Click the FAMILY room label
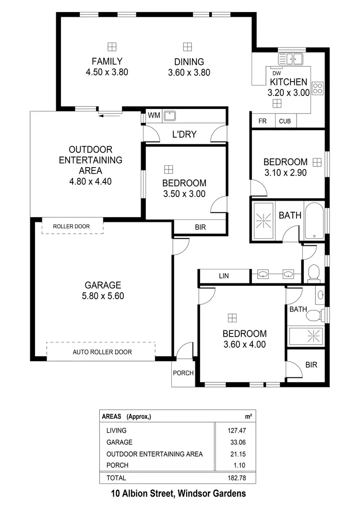point(107,61)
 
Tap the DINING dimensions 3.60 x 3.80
point(189,73)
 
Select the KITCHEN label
point(288,82)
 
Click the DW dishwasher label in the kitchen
point(276,73)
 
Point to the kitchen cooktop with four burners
point(318,88)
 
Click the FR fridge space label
point(263,121)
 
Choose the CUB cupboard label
point(285,121)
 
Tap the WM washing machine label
point(154,115)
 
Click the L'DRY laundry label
point(184,134)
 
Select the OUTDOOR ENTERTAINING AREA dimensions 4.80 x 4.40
point(90,182)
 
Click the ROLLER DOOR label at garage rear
point(72,226)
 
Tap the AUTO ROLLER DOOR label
point(102,352)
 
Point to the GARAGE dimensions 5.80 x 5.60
point(103,296)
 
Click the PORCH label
point(183,373)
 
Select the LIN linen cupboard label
point(224,276)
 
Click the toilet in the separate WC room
point(313,273)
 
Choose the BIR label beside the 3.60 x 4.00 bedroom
point(311,365)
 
